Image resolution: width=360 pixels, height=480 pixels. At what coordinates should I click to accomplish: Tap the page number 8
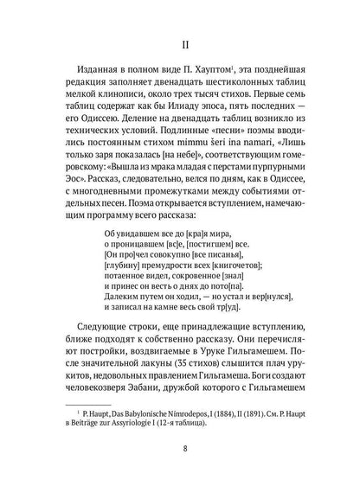tap(180, 449)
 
